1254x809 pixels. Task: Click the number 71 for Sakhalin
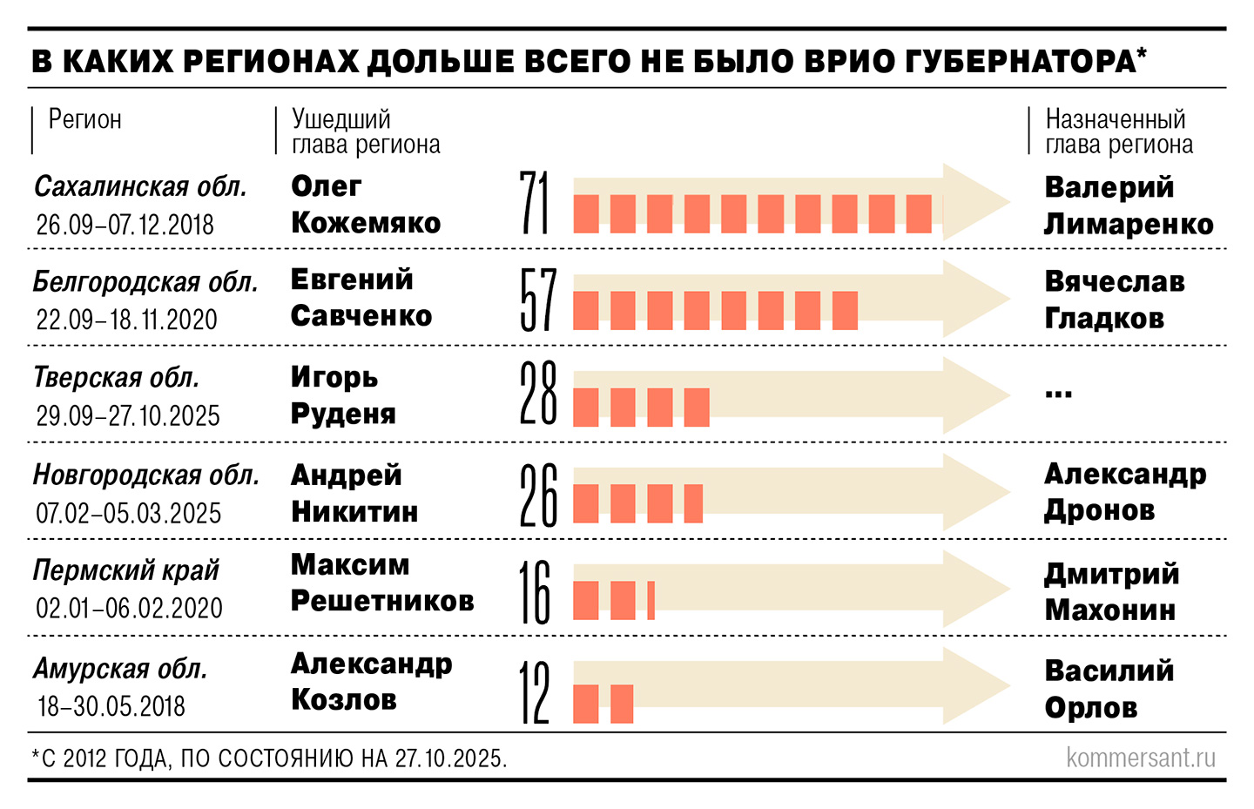click(x=535, y=203)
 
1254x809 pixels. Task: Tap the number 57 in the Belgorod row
click(x=537, y=300)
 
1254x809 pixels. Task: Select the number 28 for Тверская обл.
click(x=537, y=394)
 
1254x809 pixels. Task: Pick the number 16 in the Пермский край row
click(x=536, y=592)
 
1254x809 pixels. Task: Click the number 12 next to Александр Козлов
click(x=535, y=691)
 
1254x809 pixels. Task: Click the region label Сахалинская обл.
click(x=140, y=186)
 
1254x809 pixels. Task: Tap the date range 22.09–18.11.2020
click(x=126, y=320)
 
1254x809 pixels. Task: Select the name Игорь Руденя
click(x=342, y=394)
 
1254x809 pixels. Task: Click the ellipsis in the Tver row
click(x=1058, y=394)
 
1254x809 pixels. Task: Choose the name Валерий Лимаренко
click(x=1128, y=206)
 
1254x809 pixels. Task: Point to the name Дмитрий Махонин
click(x=1111, y=591)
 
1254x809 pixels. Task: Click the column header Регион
click(x=84, y=119)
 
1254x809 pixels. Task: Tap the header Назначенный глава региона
click(x=1118, y=131)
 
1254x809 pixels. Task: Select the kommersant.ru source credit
click(x=1140, y=758)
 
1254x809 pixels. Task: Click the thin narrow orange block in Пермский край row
click(x=651, y=600)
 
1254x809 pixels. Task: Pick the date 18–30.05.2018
click(x=111, y=705)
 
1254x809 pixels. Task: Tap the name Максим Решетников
click(x=381, y=583)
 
